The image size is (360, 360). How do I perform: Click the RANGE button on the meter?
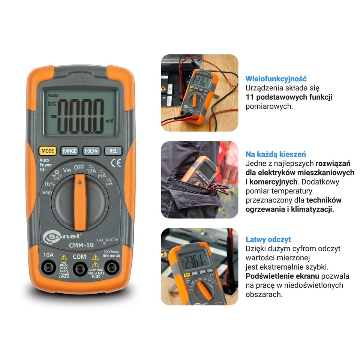click(69, 151)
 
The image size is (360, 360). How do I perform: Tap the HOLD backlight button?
click(91, 151)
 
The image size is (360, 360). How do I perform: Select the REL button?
click(113, 151)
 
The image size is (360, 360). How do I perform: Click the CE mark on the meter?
click(116, 163)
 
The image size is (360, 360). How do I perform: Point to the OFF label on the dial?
click(79, 167)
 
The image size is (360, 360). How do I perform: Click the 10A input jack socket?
click(48, 268)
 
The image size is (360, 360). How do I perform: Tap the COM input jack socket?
click(79, 268)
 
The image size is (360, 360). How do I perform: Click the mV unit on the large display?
click(109, 121)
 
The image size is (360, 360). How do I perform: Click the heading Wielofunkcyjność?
click(276, 79)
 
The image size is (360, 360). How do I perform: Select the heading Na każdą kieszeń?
click(276, 154)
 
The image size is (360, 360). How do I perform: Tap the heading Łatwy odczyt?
click(268, 239)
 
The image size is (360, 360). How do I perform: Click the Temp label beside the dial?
click(46, 192)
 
